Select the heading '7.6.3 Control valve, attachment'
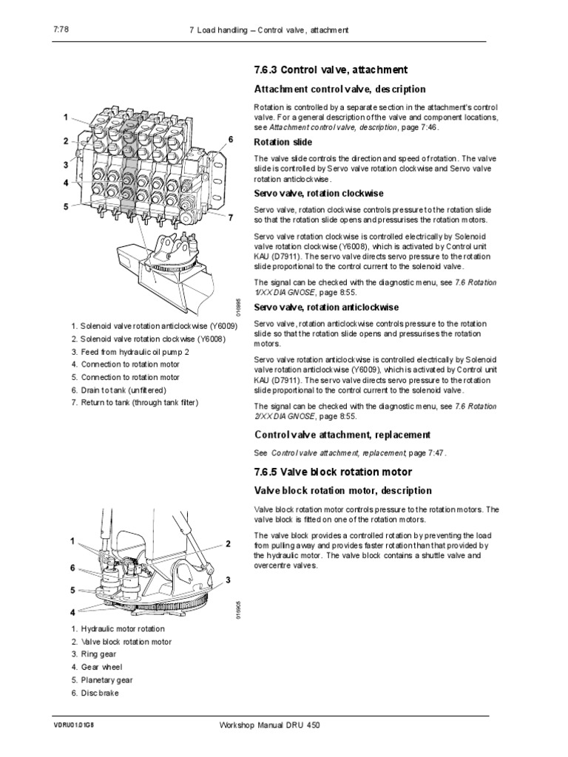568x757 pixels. [x=330, y=70]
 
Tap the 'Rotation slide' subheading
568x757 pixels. [x=283, y=142]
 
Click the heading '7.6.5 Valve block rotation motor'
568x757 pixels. [x=333, y=472]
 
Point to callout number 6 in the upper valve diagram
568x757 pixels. [x=230, y=139]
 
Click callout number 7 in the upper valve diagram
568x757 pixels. [x=230, y=217]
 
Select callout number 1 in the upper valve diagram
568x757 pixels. [x=65, y=117]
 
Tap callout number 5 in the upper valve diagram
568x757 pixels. [x=65, y=206]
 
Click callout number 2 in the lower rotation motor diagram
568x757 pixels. [x=229, y=543]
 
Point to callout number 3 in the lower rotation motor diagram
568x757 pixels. [x=229, y=579]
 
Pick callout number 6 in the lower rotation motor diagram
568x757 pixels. [x=72, y=567]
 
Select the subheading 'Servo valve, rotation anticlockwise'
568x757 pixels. [x=326, y=307]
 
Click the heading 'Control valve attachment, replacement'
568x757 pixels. [x=342, y=434]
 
